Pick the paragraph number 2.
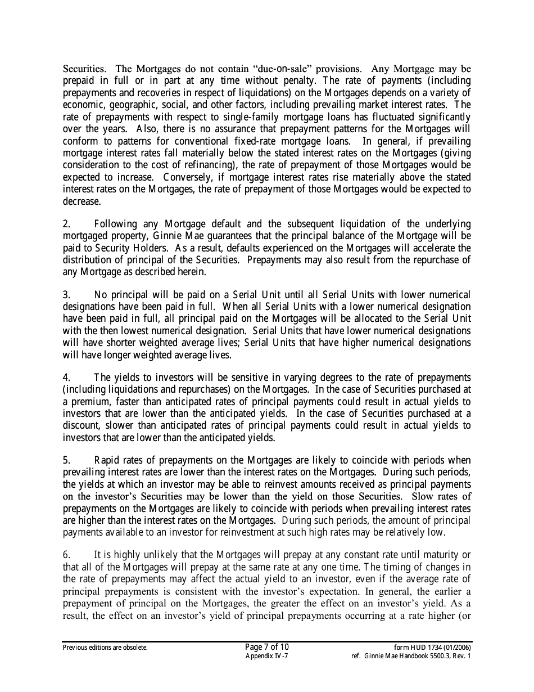[66, 224]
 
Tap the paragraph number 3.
[66, 295]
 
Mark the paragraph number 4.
[66, 378]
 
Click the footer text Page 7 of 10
[266, 647]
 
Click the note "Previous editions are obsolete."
[105, 648]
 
